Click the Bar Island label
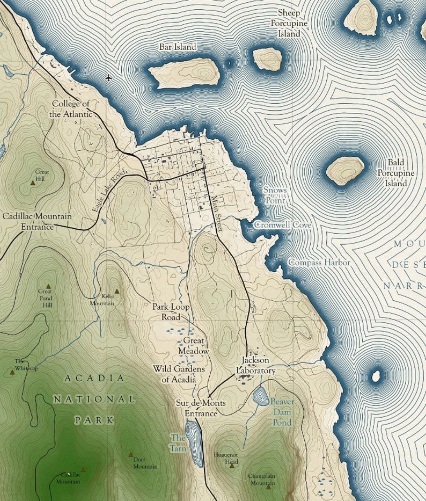(178, 47)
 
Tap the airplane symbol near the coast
(109, 78)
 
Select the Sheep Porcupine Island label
(289, 23)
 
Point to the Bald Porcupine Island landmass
(345, 170)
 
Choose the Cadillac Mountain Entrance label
(37, 221)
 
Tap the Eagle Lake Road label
(111, 190)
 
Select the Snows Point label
(275, 195)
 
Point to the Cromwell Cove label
(282, 226)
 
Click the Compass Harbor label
(319, 263)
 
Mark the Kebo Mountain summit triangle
(117, 292)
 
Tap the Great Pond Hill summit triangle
(48, 286)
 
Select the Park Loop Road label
(171, 311)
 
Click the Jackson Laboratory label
(256, 366)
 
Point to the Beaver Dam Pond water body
(261, 397)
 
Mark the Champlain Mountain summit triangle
(268, 487)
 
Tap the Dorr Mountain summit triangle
(130, 454)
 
